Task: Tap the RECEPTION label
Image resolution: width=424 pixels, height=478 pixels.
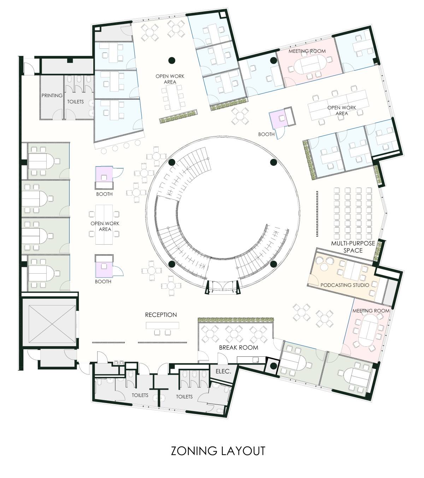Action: [x=161, y=315]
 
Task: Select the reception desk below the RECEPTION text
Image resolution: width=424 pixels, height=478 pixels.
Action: [x=163, y=325]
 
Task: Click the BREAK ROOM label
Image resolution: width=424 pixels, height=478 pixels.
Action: [x=238, y=348]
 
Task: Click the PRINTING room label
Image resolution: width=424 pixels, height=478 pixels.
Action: [x=52, y=95]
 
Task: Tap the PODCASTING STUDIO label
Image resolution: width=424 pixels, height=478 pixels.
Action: [x=344, y=285]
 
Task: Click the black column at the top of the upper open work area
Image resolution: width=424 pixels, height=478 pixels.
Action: [x=172, y=60]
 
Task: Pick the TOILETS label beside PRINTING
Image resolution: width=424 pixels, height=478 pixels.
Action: [x=76, y=102]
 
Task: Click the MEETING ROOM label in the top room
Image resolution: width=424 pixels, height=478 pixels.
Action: [x=307, y=51]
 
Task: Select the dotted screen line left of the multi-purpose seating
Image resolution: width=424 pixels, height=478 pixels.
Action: [x=317, y=214]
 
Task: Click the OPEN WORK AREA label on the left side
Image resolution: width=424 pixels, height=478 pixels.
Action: [x=105, y=226]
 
